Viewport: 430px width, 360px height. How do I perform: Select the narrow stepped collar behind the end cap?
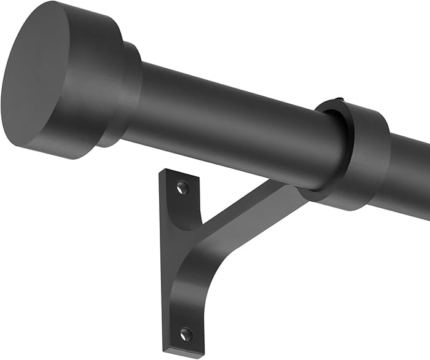129,92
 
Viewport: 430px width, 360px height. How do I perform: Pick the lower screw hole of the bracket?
185,335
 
